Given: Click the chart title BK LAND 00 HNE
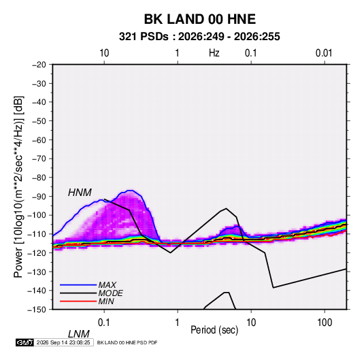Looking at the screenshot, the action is pyautogui.click(x=200, y=19).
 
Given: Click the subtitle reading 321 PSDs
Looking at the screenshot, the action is pyautogui.click(x=144, y=37).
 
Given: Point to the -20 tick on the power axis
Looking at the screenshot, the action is pyautogui.click(x=39, y=65).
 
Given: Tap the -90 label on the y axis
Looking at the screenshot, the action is pyautogui.click(x=39, y=196).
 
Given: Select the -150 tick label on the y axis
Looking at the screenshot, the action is pyautogui.click(x=37, y=309).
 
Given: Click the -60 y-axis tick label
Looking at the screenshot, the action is pyautogui.click(x=39, y=140).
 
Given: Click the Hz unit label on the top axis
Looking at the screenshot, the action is pyautogui.click(x=214, y=53).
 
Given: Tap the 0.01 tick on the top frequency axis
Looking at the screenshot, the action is pyautogui.click(x=324, y=53).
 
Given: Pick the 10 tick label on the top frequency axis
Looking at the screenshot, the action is pyautogui.click(x=104, y=53).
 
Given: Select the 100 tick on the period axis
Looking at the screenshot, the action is pyautogui.click(x=325, y=323).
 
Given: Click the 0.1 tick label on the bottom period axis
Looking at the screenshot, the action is pyautogui.click(x=104, y=323).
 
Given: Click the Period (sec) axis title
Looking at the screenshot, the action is pyautogui.click(x=214, y=330).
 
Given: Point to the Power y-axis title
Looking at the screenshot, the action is pyautogui.click(x=18, y=186).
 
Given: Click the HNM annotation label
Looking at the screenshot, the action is pyautogui.click(x=80, y=193).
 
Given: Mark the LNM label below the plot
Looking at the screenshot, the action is pyautogui.click(x=78, y=334).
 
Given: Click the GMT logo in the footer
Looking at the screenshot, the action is pyautogui.click(x=24, y=342).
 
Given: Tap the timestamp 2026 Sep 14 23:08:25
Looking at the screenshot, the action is pyautogui.click(x=63, y=342).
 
